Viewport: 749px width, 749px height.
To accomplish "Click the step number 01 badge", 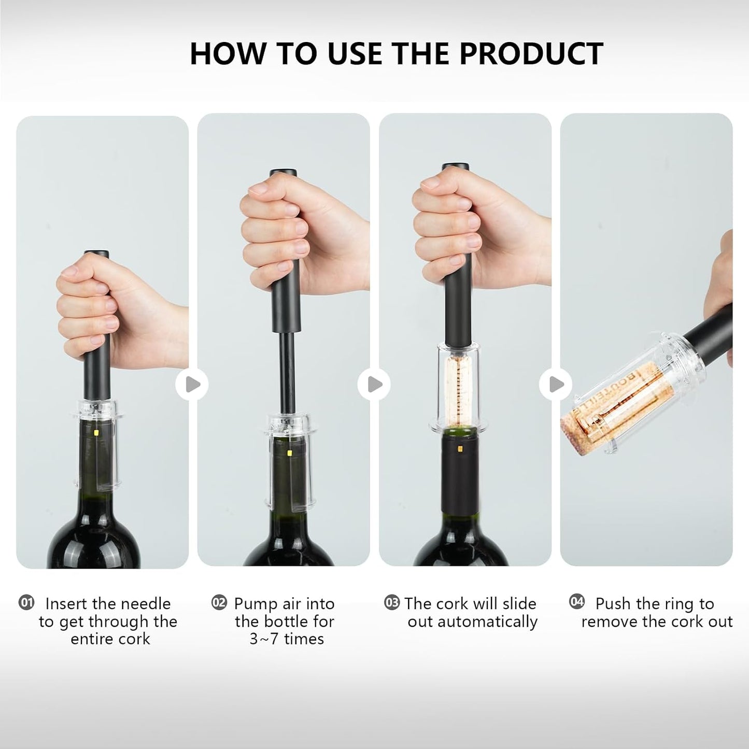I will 26,602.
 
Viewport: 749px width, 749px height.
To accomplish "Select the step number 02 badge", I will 219,602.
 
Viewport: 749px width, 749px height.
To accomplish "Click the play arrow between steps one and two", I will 192,385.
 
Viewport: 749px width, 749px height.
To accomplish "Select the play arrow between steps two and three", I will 374,385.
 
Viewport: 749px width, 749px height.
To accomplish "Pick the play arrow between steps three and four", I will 555,385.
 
